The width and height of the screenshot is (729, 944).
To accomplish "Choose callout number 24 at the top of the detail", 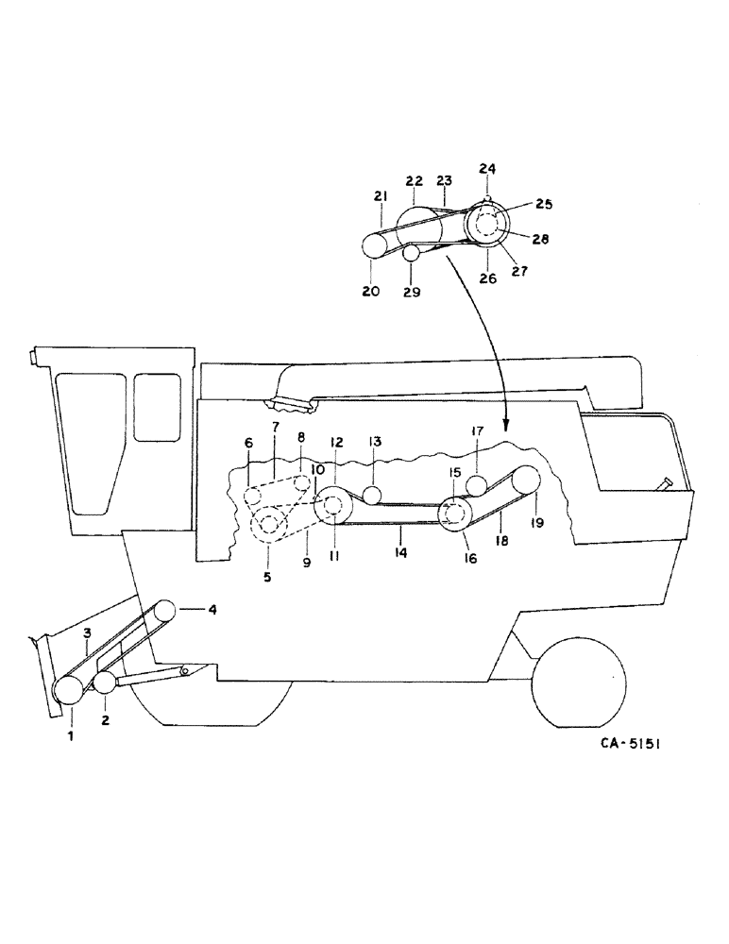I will pyautogui.click(x=488, y=170).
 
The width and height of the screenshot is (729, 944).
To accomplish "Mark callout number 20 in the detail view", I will pyautogui.click(x=370, y=292).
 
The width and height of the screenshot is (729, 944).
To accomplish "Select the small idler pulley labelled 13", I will pyautogui.click(x=373, y=495).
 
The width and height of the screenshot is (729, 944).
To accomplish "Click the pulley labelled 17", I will pyautogui.click(x=477, y=486).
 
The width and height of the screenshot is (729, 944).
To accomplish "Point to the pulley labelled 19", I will pyautogui.click(x=525, y=481).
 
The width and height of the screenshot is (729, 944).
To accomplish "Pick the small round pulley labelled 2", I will pyautogui.click(x=103, y=683).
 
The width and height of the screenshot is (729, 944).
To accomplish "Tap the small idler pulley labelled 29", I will pyautogui.click(x=411, y=253).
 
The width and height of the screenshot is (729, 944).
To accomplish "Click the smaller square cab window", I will pyautogui.click(x=157, y=407).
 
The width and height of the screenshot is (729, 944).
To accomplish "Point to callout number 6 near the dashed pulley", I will pyautogui.click(x=248, y=443).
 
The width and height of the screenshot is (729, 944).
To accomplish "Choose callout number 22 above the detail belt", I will pyautogui.click(x=414, y=180).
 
